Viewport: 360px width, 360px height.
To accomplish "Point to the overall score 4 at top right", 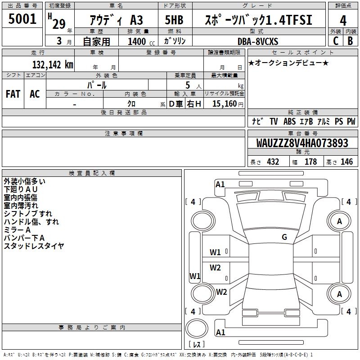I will click(x=343, y=20).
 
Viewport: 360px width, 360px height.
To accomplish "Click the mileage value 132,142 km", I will click(x=52, y=64).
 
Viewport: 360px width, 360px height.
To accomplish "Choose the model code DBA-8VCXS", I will click(x=258, y=41).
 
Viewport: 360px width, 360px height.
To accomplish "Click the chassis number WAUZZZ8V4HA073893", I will click(x=302, y=143).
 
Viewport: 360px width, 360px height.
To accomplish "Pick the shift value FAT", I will click(x=13, y=94).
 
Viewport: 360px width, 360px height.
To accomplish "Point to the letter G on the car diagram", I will click(x=284, y=237).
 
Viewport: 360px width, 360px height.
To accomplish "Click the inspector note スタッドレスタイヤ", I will click(x=34, y=246).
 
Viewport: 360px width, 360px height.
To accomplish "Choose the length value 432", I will click(x=273, y=162).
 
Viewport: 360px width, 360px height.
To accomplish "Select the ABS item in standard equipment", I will click(x=289, y=121).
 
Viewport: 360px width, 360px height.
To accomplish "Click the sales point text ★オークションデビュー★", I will click(x=288, y=63).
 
